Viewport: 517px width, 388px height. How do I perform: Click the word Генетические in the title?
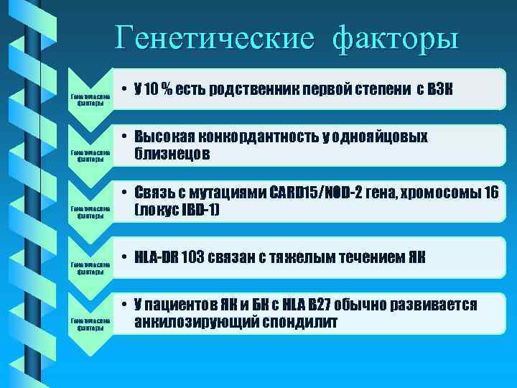click(214, 37)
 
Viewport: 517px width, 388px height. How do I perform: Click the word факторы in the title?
click(395, 37)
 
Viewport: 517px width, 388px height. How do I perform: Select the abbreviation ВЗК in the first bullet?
click(440, 90)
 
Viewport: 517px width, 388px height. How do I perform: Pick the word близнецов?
click(172, 154)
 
